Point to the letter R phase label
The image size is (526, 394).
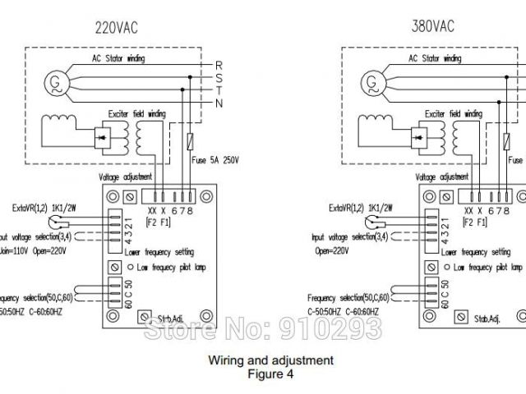pos(219,65)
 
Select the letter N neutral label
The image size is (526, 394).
pos(218,103)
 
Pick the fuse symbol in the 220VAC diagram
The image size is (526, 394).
pos(191,141)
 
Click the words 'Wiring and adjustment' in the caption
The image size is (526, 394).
pos(270,360)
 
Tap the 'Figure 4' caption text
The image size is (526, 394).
pos(270,373)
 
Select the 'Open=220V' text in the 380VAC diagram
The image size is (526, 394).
pos(334,252)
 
